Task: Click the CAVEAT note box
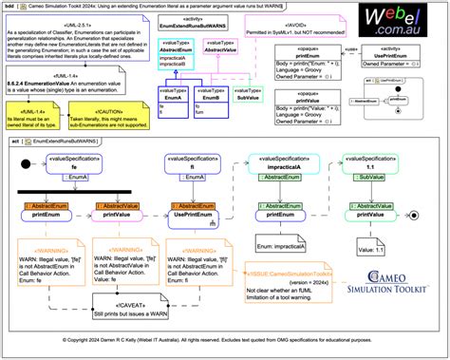pyautogui.click(x=128, y=304)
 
